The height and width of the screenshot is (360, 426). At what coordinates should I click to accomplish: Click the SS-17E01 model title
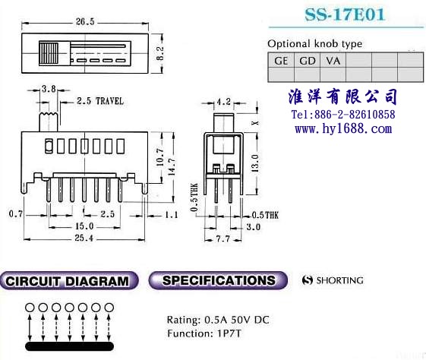(345, 14)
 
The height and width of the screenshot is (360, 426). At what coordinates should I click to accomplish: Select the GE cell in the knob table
(281, 60)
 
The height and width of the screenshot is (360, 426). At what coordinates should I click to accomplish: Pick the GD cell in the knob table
(308, 60)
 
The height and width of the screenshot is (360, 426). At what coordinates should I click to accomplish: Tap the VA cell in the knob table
(333, 60)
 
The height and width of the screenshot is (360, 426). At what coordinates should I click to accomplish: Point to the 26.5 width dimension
(85, 22)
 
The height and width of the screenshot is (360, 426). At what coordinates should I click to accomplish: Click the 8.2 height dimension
(160, 53)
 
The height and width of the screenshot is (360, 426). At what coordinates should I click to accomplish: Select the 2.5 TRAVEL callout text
(100, 101)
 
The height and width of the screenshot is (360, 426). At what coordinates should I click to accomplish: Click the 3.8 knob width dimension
(49, 89)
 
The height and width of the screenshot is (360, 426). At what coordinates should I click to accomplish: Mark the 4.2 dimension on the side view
(224, 102)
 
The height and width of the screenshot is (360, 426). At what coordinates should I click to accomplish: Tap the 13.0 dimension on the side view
(255, 163)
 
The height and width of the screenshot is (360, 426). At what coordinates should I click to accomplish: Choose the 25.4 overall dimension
(84, 238)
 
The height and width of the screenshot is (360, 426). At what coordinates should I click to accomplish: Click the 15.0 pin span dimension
(84, 226)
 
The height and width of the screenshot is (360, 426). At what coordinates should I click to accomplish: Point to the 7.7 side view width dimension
(222, 239)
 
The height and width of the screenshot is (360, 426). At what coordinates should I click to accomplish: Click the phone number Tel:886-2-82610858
(343, 115)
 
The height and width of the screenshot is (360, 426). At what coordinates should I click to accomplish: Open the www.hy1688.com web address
(343, 128)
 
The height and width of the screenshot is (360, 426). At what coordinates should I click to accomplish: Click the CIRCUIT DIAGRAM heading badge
(69, 281)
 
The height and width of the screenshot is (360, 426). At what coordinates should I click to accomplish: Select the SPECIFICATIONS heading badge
(218, 280)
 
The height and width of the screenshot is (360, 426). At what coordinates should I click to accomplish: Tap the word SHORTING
(340, 280)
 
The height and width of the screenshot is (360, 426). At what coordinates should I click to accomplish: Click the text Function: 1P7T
(204, 333)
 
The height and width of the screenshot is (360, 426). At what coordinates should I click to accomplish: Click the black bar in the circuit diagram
(69, 346)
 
